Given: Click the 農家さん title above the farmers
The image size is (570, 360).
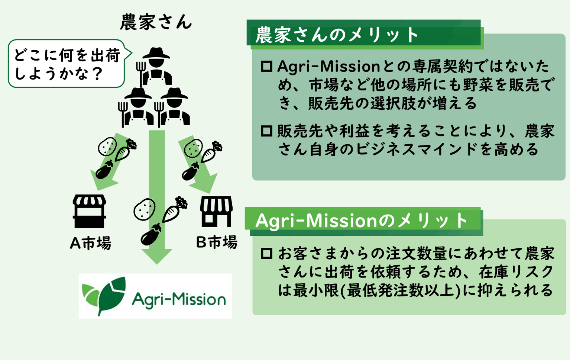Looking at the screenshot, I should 156,22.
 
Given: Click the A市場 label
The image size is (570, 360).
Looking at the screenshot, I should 91,243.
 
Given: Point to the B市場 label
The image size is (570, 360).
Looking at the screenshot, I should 217,242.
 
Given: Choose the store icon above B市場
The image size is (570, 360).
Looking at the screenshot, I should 216,211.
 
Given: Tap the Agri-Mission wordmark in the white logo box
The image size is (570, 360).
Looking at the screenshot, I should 179,300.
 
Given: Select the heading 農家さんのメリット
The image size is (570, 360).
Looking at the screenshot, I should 337,35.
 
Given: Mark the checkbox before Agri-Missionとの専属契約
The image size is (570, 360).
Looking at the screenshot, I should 266,67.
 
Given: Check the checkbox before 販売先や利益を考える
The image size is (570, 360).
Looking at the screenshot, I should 266,131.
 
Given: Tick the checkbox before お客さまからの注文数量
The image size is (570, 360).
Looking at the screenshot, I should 266,254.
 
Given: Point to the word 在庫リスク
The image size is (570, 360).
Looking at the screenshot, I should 516,272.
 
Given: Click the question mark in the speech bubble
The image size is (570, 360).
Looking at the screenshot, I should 97,74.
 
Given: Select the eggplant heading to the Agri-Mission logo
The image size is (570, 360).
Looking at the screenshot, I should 150,235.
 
